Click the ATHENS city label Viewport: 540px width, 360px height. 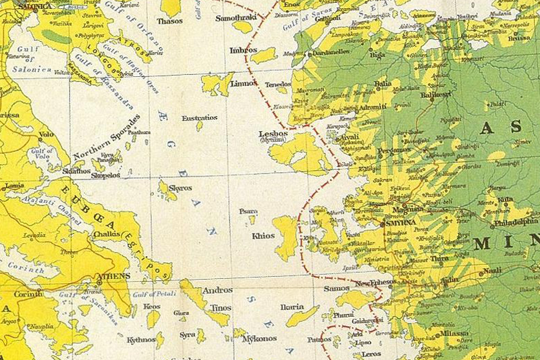(112, 276)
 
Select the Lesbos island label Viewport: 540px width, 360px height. (273, 134)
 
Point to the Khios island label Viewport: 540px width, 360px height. (263, 236)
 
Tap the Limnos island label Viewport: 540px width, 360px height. (244, 84)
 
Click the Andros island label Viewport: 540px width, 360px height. (217, 290)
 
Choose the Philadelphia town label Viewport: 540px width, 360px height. (516, 221)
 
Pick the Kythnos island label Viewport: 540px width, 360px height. (141, 340)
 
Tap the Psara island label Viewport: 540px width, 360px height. (248, 211)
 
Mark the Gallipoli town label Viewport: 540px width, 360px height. (328, 19)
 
